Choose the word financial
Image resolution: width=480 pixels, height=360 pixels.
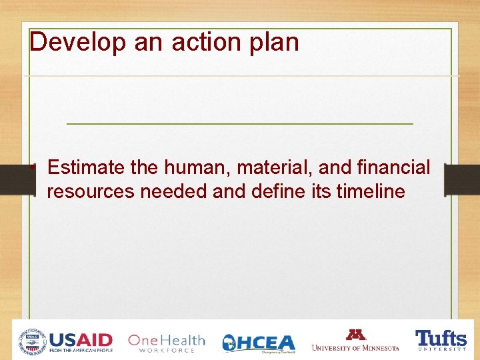tap(394, 168)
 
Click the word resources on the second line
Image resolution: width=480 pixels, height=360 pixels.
tap(91, 192)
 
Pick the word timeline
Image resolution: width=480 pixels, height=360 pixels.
tap(371, 192)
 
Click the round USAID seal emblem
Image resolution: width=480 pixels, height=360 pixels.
tap(33, 341)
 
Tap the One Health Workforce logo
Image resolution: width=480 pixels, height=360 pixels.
tap(166, 342)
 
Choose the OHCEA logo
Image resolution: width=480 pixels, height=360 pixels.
tap(258, 343)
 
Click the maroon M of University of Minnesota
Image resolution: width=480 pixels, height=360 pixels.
tap(355, 335)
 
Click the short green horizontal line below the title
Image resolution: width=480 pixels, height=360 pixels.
tap(240, 124)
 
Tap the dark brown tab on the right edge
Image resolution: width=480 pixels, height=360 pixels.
tap(461, 180)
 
